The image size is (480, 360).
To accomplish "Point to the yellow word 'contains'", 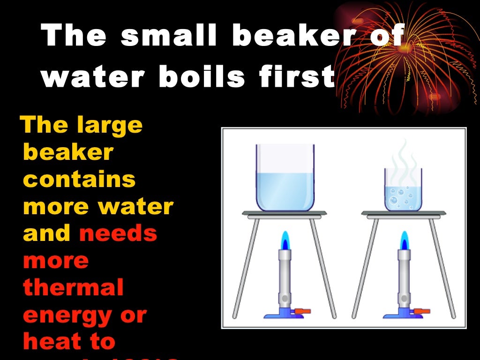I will (x=79, y=180).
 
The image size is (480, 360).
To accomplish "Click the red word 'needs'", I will (x=118, y=233).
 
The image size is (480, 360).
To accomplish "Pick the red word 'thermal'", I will (x=73, y=287).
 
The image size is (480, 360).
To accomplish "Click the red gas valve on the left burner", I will (x=305, y=310).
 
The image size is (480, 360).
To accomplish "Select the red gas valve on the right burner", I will (x=425, y=310).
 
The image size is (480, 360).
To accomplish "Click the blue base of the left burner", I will (x=281, y=314).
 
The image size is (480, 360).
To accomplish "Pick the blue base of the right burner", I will (x=401, y=314).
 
